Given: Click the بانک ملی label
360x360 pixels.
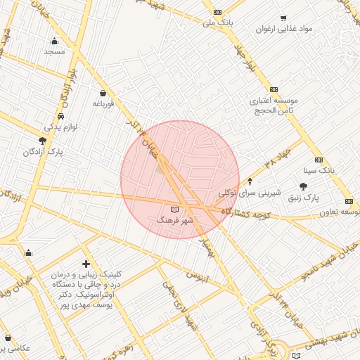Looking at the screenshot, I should tap(217, 23).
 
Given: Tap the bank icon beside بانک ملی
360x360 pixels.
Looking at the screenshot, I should tap(217, 12).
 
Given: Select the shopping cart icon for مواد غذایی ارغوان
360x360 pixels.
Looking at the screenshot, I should tap(283, 18).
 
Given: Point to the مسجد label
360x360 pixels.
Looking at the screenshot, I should tap(54, 51).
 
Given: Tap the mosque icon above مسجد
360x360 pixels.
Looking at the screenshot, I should tap(54, 41).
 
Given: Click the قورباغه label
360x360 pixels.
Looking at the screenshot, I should tap(103, 103).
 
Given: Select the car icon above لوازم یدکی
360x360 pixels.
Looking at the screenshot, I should tap(61, 116).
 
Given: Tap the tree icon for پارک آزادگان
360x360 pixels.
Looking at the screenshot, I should tap(42, 141).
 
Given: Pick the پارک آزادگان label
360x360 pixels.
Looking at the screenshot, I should tap(43, 152).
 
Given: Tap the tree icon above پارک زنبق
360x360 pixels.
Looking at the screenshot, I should tap(303, 186).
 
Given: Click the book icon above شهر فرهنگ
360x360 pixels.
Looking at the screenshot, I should tap(175, 210).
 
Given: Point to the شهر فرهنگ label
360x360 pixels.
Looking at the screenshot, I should tap(174, 221).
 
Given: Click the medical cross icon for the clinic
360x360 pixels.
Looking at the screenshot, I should tap(86, 264).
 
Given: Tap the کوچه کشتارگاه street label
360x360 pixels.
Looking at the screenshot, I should tap(246, 212).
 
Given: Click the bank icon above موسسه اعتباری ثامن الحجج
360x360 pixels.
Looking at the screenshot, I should tap(274, 89).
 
